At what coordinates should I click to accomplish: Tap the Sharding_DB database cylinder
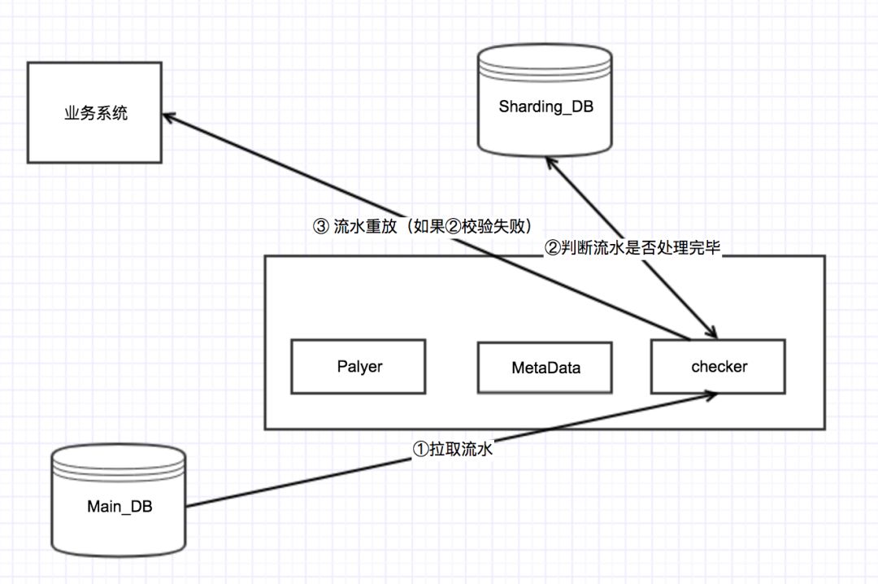[545, 102]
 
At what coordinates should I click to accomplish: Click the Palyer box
[359, 367]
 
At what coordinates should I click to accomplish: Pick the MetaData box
[545, 368]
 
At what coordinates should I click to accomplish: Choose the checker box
[719, 367]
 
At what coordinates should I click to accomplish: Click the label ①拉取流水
[454, 449]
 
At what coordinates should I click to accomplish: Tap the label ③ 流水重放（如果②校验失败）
[427, 227]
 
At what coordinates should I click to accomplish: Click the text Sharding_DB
[545, 107]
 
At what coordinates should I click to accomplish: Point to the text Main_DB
[120, 507]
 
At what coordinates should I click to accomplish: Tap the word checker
[719, 367]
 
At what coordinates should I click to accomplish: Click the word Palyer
[359, 366]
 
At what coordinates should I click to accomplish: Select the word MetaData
[545, 368]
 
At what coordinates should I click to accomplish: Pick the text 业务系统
[96, 113]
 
